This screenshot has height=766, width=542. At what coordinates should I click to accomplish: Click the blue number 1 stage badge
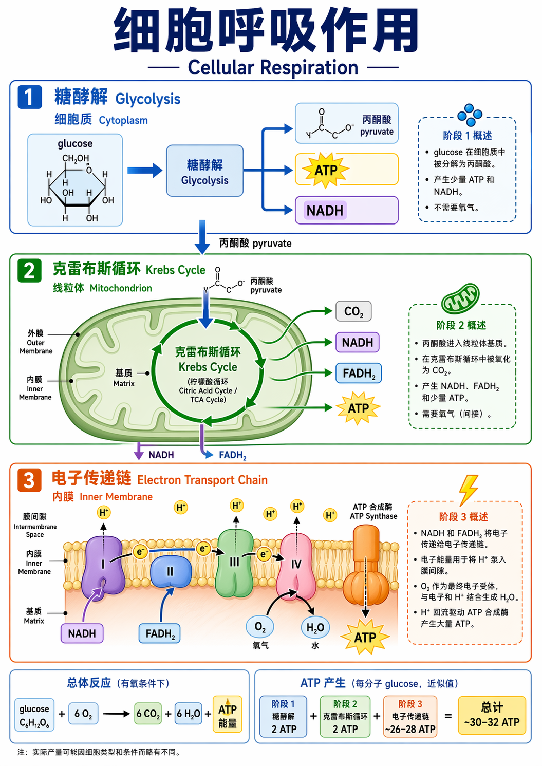click(x=29, y=97)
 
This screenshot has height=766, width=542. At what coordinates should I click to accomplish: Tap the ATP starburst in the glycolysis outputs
click(x=326, y=170)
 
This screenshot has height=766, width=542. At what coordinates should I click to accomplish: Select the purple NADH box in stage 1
click(x=325, y=211)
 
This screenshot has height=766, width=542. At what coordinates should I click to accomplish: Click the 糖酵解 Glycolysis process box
click(x=204, y=171)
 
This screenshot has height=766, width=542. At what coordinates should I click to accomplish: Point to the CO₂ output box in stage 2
click(x=353, y=311)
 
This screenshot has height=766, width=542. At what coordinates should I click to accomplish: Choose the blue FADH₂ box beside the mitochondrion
click(x=359, y=373)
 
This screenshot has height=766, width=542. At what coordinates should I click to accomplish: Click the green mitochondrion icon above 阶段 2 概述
click(x=461, y=298)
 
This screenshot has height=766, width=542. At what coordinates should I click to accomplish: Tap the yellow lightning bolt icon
click(x=468, y=489)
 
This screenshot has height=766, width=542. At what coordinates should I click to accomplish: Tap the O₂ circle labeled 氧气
click(x=260, y=627)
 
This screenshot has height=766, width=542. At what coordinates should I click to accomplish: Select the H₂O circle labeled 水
click(x=315, y=627)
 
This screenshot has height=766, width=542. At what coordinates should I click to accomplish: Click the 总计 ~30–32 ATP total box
click(x=492, y=714)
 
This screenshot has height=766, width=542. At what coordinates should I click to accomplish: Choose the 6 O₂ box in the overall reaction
click(x=83, y=714)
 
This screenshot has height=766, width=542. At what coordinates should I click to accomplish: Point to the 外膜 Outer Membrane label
click(x=36, y=342)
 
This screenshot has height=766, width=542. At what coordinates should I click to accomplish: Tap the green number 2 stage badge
click(x=29, y=270)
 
